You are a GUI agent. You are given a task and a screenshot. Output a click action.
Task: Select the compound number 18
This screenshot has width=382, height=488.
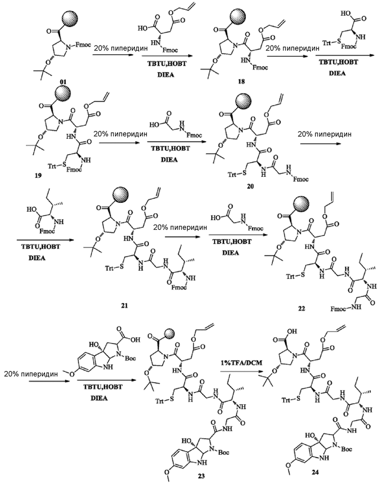coord(241,81)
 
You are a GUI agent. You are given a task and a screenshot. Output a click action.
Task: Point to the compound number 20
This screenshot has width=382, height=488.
coord(250,186)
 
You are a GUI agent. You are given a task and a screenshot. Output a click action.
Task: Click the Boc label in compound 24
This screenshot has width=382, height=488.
coord(346,449)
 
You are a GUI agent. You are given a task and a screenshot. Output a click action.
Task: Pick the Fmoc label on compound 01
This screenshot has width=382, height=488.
coord(84,45)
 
